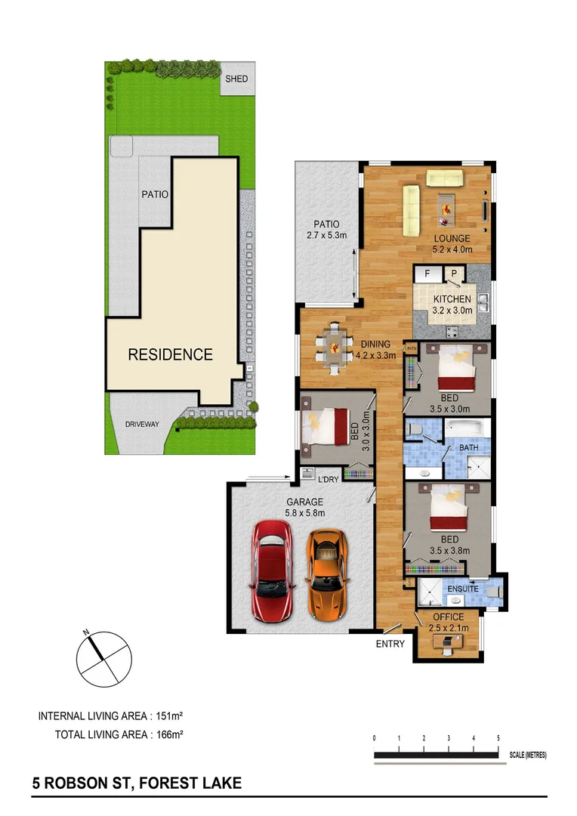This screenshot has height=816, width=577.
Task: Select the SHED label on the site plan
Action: [x=236, y=79]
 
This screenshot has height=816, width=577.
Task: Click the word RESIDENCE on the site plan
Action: [x=170, y=354]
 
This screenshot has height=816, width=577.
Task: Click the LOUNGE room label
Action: [x=452, y=238]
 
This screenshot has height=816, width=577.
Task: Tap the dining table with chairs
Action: [x=333, y=348]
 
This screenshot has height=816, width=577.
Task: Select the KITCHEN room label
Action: [x=452, y=299]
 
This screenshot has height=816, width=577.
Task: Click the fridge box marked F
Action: [x=427, y=274]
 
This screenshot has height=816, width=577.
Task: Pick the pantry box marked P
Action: [x=455, y=274]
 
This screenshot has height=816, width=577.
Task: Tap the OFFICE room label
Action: [x=449, y=617]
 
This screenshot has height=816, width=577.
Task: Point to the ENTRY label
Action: [x=390, y=644]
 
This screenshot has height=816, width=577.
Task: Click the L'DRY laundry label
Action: [x=328, y=480]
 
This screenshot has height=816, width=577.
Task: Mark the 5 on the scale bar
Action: [x=498, y=738]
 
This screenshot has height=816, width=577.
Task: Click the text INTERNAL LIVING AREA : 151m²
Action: [x=111, y=715]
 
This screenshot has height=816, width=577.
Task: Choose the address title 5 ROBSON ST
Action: [x=137, y=784]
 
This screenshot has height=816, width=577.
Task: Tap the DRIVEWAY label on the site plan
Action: [x=142, y=425]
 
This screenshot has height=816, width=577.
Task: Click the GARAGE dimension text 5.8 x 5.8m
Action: [x=304, y=513]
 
